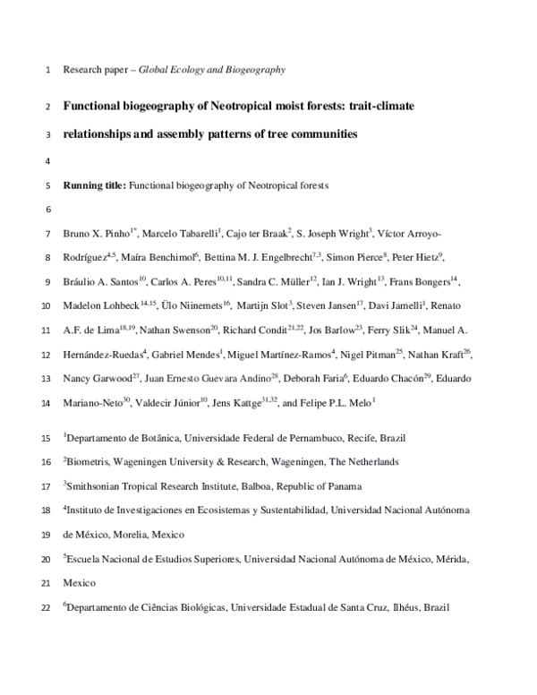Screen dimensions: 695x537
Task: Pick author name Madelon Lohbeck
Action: pyautogui.click(x=94, y=306)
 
